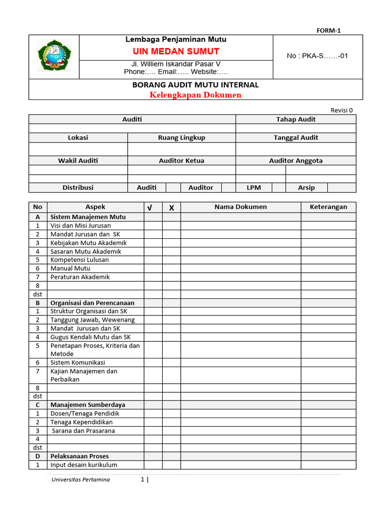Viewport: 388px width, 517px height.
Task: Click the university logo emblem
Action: pos(54,56)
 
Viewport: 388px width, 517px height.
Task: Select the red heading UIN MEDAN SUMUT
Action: pos(176,51)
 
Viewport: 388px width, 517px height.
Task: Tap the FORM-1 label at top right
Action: pos(329,30)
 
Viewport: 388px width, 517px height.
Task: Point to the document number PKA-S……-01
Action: pos(317,56)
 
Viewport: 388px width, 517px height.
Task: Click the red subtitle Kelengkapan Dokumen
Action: pos(196,95)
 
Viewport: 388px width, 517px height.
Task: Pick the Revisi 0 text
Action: pos(342,110)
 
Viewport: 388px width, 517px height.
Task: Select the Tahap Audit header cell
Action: pos(296,119)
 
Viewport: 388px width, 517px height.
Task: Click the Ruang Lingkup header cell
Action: pos(181,137)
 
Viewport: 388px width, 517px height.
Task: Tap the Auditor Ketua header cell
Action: pos(181,161)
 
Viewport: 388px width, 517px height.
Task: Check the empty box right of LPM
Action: pos(279,187)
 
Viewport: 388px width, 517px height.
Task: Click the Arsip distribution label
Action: pos(306,187)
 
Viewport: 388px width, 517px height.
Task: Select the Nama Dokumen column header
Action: pos(240,206)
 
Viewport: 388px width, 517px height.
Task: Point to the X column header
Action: pos(171,208)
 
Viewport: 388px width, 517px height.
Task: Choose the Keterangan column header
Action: pos(328,206)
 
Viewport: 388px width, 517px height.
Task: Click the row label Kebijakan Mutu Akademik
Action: pos(88,243)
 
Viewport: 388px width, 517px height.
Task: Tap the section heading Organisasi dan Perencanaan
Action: pos(92,303)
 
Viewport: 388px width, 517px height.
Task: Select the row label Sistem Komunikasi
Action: pos(78,363)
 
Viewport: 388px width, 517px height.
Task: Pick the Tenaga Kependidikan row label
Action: pos(81,422)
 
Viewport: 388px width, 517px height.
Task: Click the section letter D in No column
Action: pos(37,456)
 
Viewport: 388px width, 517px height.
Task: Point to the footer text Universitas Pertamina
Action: pos(80,479)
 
